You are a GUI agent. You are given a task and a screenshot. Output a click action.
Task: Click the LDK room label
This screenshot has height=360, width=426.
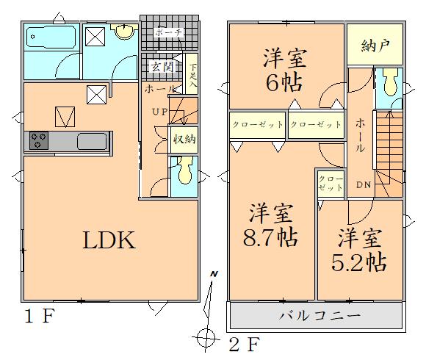(x=109, y=240)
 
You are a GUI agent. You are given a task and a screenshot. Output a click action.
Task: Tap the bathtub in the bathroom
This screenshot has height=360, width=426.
(x=51, y=37)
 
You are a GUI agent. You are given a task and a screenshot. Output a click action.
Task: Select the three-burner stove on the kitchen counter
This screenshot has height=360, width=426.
(x=39, y=140)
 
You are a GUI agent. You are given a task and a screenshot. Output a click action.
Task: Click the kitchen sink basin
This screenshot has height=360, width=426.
(x=92, y=141)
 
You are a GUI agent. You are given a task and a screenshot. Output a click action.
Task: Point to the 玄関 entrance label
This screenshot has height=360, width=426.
(x=162, y=67)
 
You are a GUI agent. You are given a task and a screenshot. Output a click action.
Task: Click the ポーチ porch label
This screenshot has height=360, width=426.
(x=169, y=32)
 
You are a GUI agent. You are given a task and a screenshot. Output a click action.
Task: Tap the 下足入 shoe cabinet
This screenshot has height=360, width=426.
(x=193, y=74)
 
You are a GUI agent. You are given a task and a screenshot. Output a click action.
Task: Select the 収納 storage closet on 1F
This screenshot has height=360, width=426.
(x=184, y=140)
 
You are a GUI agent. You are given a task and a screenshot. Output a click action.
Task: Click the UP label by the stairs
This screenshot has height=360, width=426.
(x=160, y=112)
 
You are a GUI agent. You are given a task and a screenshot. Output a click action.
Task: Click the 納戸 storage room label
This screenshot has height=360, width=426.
(x=375, y=45)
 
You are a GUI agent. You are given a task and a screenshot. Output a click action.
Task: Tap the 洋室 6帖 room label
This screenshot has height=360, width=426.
(x=284, y=69)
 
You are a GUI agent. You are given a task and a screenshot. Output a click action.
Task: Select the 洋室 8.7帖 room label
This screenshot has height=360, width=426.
(x=270, y=225)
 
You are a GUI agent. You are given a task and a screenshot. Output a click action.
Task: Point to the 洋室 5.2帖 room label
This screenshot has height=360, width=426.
(x=359, y=249)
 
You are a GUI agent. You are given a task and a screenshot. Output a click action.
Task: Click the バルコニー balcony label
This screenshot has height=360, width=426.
(x=319, y=316)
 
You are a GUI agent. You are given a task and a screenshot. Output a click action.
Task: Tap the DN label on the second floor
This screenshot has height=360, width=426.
(x=364, y=184)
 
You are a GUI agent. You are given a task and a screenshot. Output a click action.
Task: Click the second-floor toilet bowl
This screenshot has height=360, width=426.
(x=390, y=82)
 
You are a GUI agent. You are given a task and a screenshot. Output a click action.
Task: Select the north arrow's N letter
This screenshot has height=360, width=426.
(x=214, y=274)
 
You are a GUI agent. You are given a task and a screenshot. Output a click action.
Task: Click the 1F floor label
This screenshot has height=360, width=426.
(x=40, y=316)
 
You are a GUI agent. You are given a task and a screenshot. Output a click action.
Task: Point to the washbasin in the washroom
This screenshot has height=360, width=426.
(x=124, y=31)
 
